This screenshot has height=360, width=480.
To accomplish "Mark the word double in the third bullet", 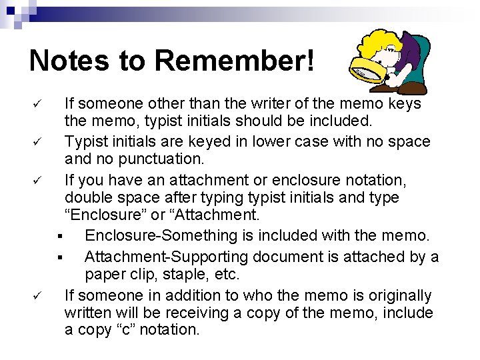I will pos(87,198).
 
